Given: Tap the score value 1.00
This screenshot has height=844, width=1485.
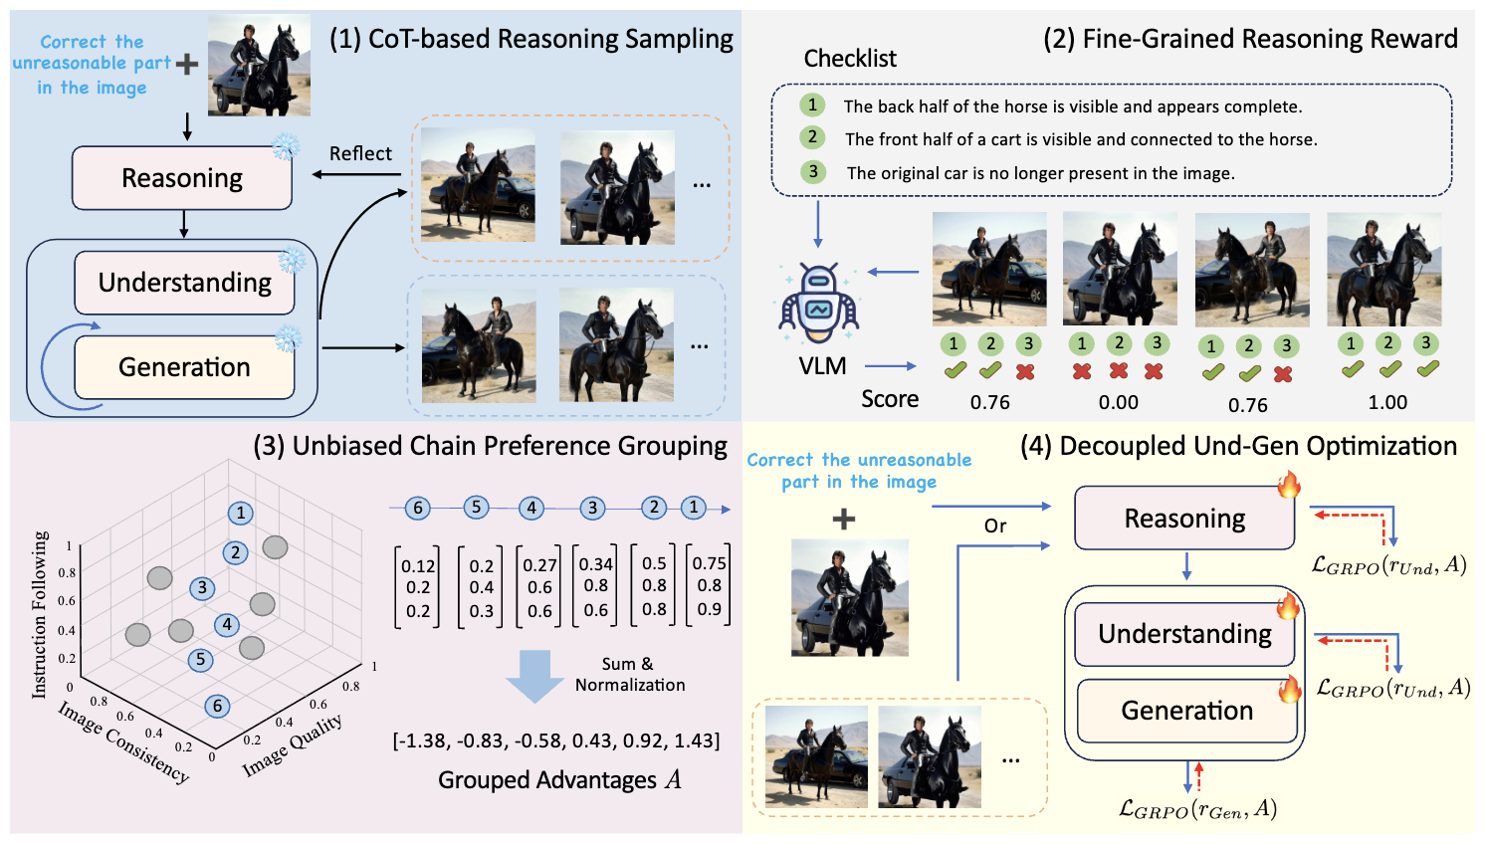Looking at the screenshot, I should point(1387,402).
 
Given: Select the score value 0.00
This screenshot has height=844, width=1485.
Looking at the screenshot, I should point(1119,402).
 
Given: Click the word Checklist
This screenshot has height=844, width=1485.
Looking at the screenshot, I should point(850,59).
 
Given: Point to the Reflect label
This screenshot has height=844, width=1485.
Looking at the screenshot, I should point(360,153).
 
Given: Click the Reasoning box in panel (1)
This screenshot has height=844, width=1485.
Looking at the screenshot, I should point(182,178).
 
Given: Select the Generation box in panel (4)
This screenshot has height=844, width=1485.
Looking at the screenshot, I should point(1186,711).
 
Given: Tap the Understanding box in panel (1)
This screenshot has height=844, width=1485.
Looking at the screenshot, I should point(184,283).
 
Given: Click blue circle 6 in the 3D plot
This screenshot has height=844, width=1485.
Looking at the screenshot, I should point(217,706).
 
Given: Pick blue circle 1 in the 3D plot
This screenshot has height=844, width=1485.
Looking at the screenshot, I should point(240,513).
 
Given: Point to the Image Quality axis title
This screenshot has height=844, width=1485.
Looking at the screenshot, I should point(294,744).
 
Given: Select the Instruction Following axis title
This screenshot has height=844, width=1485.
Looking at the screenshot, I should point(40,614).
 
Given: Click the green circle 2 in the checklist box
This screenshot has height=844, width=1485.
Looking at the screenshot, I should point(812,137).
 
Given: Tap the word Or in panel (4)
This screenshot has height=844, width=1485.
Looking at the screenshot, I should point(995,526).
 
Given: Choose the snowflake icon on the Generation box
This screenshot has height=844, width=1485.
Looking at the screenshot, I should point(288,338).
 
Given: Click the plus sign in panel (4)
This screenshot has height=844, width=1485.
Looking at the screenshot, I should point(843,519).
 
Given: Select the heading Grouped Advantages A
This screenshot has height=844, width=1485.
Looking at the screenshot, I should point(559,780).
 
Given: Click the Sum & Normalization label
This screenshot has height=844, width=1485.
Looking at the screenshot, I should point(629,675).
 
